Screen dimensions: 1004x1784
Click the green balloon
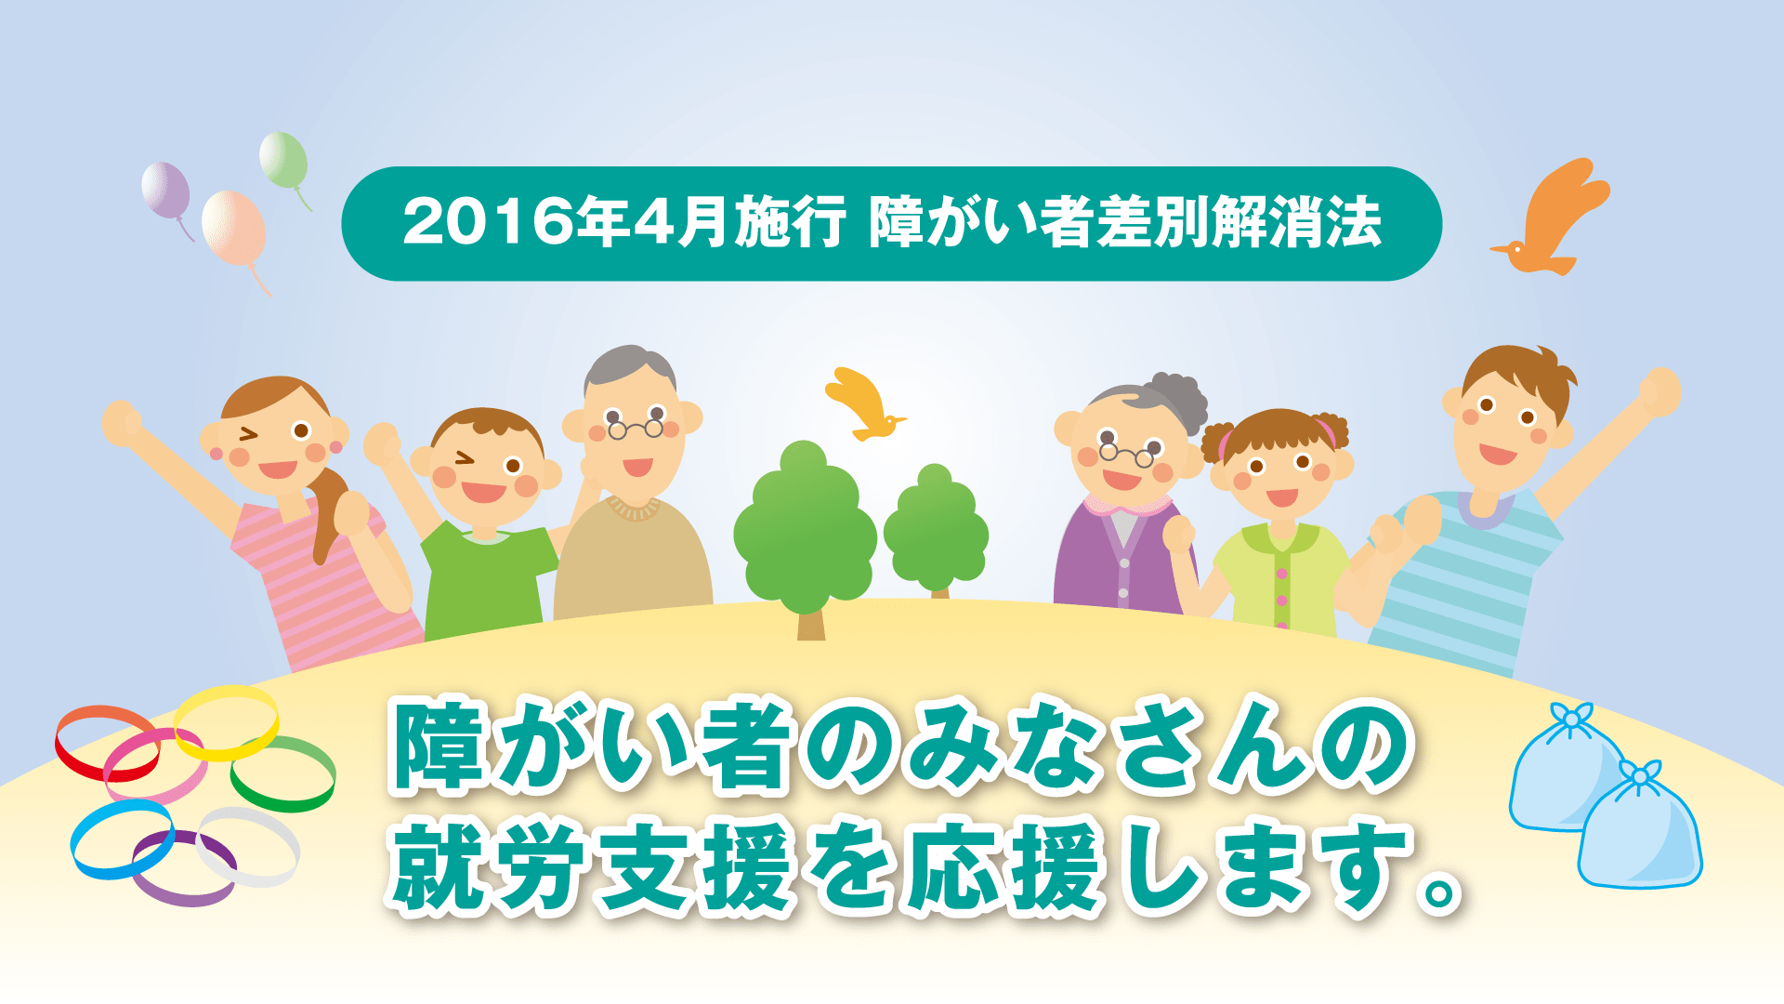(x=283, y=159)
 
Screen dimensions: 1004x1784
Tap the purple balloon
(x=165, y=190)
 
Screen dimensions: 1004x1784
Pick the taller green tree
(x=805, y=530)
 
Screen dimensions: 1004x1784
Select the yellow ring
(x=227, y=721)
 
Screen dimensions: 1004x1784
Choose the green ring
(x=283, y=773)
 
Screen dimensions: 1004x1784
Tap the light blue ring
(x=122, y=839)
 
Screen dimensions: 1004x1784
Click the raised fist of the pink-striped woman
(x=120, y=424)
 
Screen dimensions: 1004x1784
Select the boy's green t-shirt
(x=486, y=576)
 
